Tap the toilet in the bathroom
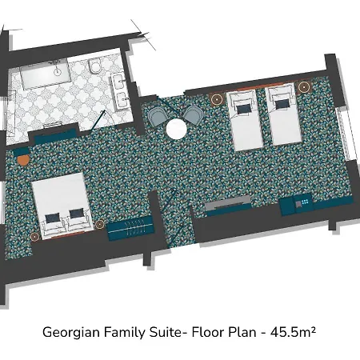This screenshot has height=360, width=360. click(94, 66)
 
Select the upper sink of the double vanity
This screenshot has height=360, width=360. click(118, 81)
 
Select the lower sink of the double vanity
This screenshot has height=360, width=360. click(123, 100)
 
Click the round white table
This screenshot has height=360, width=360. click(176, 129)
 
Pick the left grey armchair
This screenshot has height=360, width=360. click(158, 117)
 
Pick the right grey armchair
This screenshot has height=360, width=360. click(193, 114)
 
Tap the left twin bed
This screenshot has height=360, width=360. click(245, 120)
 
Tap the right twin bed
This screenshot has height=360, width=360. click(284, 114)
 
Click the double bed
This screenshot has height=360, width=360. click(62, 205)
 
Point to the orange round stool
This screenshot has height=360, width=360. click(23, 160)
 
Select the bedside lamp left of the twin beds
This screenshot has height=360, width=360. click(217, 99)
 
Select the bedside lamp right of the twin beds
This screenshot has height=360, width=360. click(303, 86)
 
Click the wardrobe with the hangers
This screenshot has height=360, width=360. click(130, 229)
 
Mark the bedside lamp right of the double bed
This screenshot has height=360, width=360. click(99, 224)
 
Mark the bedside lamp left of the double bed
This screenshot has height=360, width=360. click(34, 237)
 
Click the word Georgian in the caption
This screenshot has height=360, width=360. click(71, 333)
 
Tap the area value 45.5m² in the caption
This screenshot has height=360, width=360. click(293, 332)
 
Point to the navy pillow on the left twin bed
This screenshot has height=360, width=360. click(244, 108)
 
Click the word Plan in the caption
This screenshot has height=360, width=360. click(242, 332)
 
